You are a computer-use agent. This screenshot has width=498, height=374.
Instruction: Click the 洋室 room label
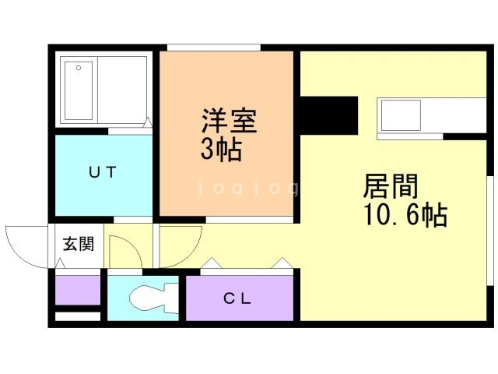point(229,122)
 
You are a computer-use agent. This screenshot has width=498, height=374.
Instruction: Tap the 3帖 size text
point(220,149)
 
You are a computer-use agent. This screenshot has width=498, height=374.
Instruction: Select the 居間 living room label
point(391,187)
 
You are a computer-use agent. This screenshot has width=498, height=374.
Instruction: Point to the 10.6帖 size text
point(404,215)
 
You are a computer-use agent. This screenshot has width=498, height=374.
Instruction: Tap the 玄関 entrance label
point(79,245)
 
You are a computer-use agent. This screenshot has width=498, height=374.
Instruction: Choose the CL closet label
point(238,298)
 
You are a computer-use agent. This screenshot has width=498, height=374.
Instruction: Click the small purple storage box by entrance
point(78,290)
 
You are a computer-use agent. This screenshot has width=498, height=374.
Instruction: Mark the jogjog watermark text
point(247,188)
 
